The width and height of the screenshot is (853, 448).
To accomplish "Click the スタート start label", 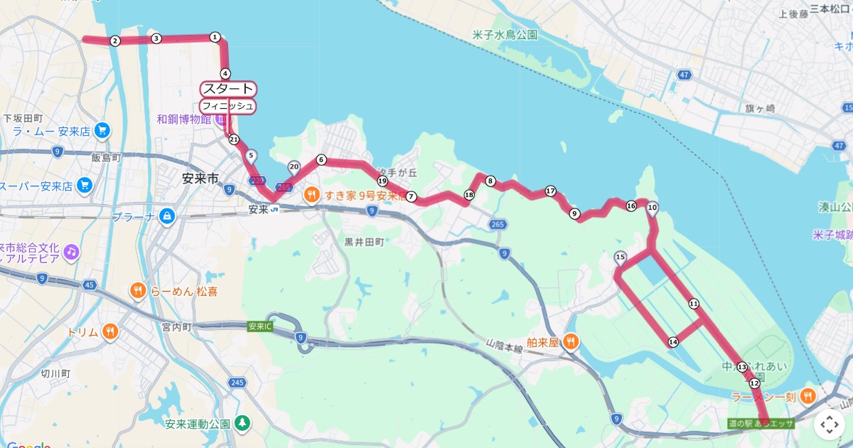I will coord(228,89).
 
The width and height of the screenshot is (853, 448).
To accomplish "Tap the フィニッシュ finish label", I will coord(227,106).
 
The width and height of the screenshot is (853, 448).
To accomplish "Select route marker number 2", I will coord(114,41).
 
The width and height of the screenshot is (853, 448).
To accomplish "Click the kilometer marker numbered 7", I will coord(411,196).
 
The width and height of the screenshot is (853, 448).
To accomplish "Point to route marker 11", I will coord(694,304).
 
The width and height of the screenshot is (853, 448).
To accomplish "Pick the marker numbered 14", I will coord(672,342).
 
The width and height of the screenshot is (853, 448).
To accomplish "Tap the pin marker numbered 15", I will coord(620,258).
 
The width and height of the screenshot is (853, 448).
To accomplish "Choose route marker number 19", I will coord(382,181).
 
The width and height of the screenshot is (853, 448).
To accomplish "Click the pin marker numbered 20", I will coord(294,168).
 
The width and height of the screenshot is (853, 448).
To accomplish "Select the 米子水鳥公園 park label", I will coord(505,34).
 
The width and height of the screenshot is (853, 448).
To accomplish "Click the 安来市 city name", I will coord(200,178).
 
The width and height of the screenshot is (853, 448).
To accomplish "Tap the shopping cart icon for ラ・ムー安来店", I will coord(102,130).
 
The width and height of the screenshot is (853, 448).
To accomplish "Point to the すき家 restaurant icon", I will coord(311,194).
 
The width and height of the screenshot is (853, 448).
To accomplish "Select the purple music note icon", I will coord(70,251).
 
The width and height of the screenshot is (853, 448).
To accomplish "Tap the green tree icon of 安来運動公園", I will coord(243,423).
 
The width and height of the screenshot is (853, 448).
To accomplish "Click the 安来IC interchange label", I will coord(260,326).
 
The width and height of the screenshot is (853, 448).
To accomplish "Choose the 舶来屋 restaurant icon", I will coord(570,342).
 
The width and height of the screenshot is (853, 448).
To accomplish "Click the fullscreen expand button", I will coord(829,425).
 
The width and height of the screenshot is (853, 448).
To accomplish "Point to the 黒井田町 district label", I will coord(364,242).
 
